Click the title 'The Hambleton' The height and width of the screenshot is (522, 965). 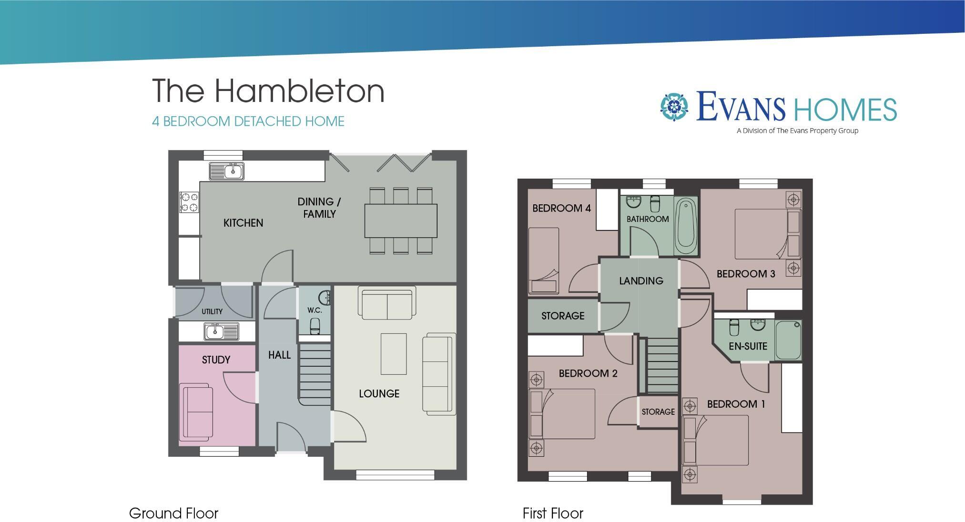pyautogui.click(x=268, y=90)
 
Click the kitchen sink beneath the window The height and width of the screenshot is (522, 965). pyautogui.click(x=227, y=171)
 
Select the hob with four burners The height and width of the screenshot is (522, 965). pyautogui.click(x=189, y=202)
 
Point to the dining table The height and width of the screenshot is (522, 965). pyautogui.click(x=401, y=221)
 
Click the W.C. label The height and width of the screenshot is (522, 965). pyautogui.click(x=315, y=310)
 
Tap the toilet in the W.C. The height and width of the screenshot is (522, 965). pyautogui.click(x=315, y=326)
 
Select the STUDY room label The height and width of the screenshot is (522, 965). pyautogui.click(x=216, y=360)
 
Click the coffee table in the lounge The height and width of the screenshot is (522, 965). pyautogui.click(x=393, y=354)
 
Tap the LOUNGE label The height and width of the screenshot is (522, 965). pyautogui.click(x=379, y=393)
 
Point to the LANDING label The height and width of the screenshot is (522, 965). pyautogui.click(x=641, y=281)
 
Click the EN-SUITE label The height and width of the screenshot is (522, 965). pyautogui.click(x=748, y=346)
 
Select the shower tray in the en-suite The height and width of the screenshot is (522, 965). pyautogui.click(x=788, y=340)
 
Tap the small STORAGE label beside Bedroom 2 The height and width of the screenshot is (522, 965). pyautogui.click(x=658, y=412)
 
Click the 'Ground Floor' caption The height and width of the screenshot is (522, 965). pyautogui.click(x=173, y=513)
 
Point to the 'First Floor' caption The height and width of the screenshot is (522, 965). pyautogui.click(x=553, y=513)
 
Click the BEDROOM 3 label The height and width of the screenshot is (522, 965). pyautogui.click(x=746, y=273)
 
